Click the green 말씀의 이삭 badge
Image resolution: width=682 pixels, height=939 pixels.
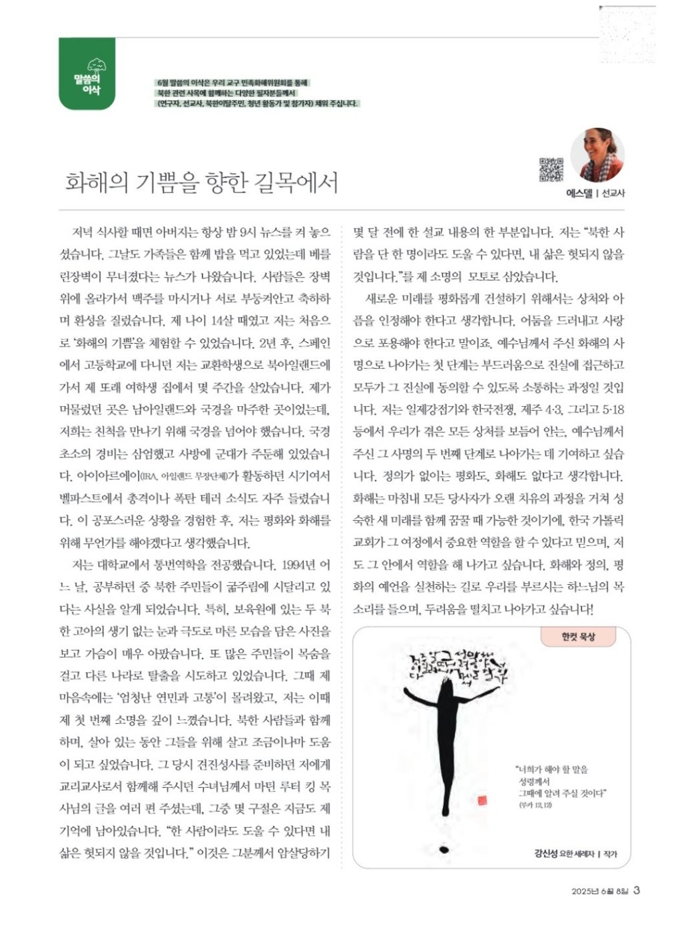pyautogui.click(x=87, y=75)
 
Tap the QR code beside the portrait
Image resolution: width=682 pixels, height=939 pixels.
pyautogui.click(x=550, y=169)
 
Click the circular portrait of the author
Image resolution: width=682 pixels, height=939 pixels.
pyautogui.click(x=597, y=156)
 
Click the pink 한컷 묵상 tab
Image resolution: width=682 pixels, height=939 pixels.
pyautogui.click(x=577, y=637)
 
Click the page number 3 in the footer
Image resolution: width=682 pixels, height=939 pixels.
pyautogui.click(x=637, y=890)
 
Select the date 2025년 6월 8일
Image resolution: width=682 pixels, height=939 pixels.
pyautogui.click(x=600, y=891)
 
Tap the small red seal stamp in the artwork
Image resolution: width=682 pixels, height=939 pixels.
pyautogui.click(x=482, y=799)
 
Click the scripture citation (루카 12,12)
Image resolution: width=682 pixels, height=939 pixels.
pyautogui.click(x=537, y=805)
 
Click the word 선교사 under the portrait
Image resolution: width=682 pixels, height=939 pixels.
pyautogui.click(x=614, y=193)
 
